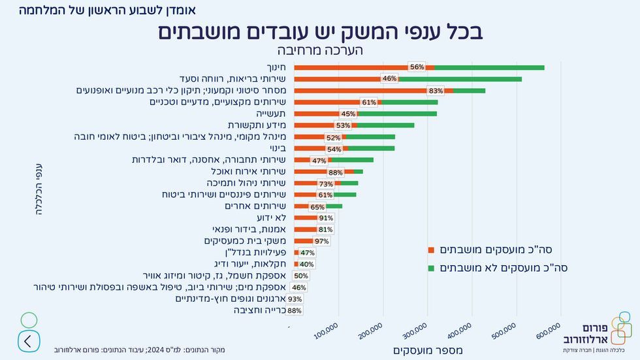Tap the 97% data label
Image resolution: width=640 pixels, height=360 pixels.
click(x=321, y=241)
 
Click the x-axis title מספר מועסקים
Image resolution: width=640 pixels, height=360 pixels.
click(x=428, y=351)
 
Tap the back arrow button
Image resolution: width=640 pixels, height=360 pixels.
click(x=28, y=340)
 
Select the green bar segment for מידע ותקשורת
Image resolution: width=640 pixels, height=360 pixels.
click(x=385, y=125)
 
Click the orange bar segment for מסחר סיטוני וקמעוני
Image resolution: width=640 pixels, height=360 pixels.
click(x=359, y=91)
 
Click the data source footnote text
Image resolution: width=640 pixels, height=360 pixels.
click(x=140, y=350)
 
